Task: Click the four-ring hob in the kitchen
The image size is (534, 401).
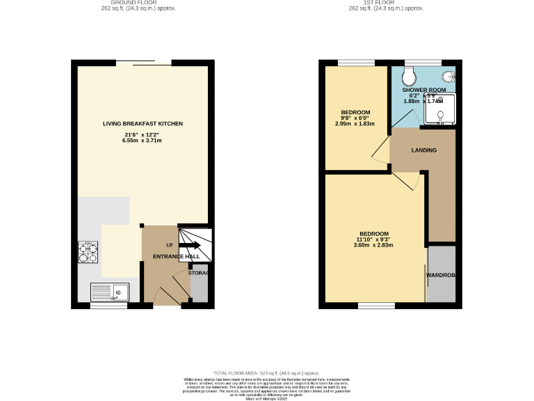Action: click(88, 252)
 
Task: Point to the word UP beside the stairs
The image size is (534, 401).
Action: click(169, 245)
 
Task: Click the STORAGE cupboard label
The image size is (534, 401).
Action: click(200, 273)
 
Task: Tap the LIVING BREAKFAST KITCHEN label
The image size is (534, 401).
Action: click(143, 124)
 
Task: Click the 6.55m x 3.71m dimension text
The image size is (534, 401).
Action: click(143, 141)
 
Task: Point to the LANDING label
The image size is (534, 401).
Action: click(423, 150)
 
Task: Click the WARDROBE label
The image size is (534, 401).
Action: click(441, 276)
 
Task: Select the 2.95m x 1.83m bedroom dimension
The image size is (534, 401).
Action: click(355, 124)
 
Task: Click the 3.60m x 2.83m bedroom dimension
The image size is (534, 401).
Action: click(374, 245)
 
